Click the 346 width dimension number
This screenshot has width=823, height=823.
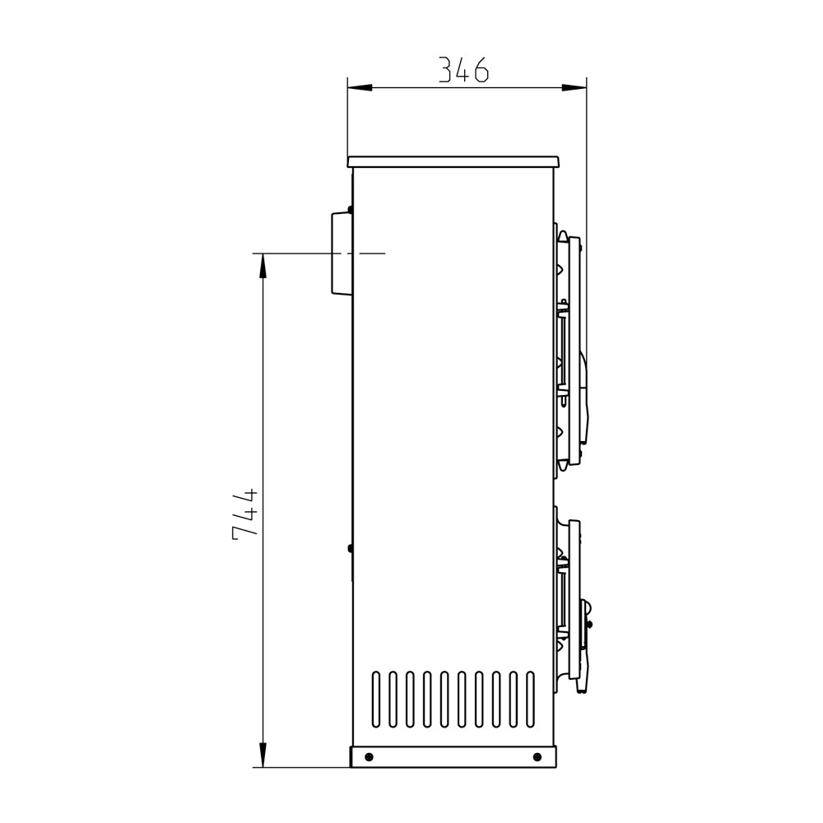coord(463,70)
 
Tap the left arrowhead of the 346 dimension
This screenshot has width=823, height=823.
coord(360,87)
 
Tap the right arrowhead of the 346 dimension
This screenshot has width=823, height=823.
coord(574,87)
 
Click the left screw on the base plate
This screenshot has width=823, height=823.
coord(369,756)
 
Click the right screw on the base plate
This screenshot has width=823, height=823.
coord(537,756)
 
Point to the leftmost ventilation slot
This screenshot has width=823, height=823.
coord(376,700)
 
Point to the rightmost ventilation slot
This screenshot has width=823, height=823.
coord(530,700)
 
